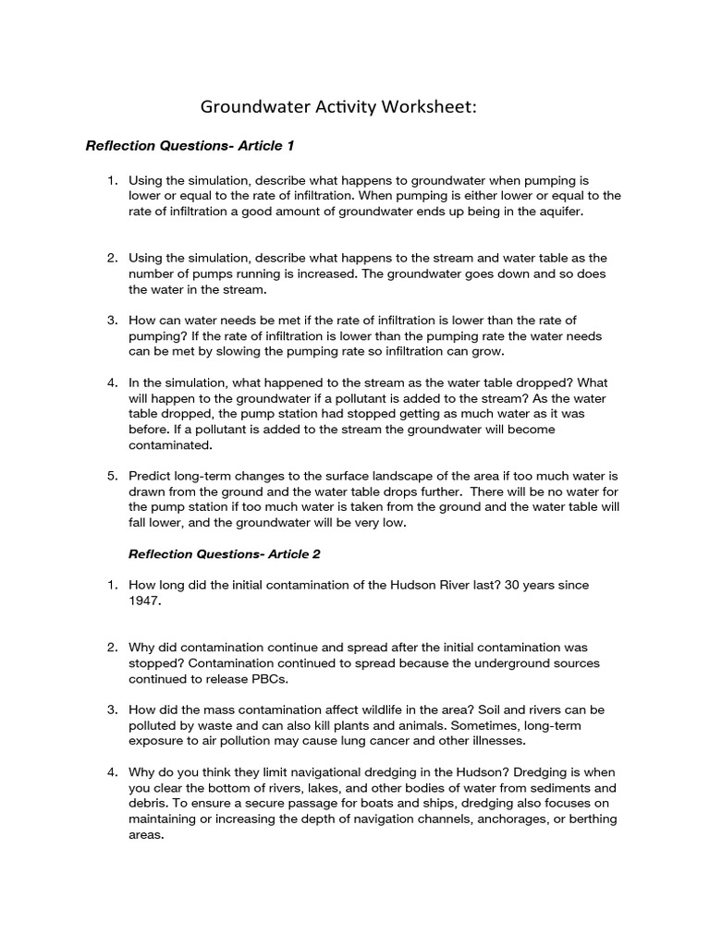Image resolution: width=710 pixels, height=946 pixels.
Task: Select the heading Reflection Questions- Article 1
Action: click(x=190, y=146)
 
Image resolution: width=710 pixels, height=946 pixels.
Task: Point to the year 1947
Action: click(x=145, y=600)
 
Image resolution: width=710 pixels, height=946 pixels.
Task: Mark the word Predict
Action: click(x=153, y=476)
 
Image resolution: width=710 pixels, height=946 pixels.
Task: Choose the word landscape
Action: click(x=418, y=476)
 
